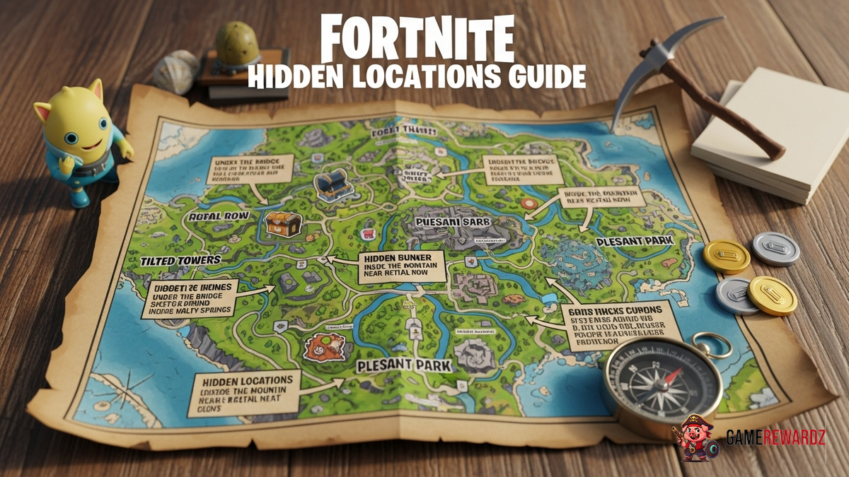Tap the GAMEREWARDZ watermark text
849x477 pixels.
point(775,439)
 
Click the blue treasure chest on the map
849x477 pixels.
point(333,185)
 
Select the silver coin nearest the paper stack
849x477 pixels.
point(775,248)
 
